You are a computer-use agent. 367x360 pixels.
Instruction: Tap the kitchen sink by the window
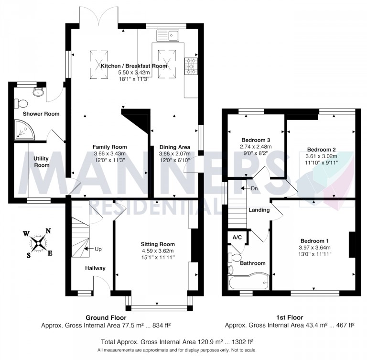tap(167, 35)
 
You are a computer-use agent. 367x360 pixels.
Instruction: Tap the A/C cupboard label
tap(237, 238)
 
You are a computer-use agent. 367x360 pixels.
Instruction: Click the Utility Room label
tap(42, 162)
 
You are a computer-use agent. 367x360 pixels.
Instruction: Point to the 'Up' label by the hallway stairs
tap(97, 249)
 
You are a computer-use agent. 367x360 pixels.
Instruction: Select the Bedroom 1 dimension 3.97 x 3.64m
tap(314, 248)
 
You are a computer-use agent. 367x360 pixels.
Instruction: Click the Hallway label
tap(95, 268)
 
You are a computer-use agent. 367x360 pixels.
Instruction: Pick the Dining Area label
tap(174, 147)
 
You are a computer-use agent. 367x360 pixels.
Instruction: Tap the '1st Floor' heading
tap(289, 317)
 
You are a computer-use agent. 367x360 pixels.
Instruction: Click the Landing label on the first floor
tap(259, 210)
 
